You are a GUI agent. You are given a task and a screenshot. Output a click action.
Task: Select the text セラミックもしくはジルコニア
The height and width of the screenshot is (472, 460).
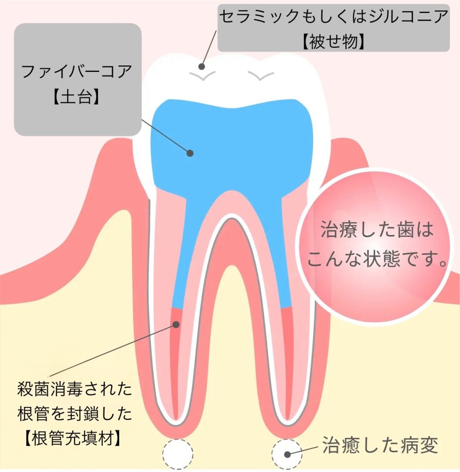point(333,18)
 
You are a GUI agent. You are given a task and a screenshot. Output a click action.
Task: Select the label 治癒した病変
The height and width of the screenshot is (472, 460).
point(379,446)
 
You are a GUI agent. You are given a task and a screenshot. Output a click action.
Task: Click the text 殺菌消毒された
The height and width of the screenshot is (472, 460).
point(74,391)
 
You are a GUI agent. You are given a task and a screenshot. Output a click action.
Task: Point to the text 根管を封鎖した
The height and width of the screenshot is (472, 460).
point(74,413)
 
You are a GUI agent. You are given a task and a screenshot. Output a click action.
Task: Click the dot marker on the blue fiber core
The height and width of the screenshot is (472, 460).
point(189,153)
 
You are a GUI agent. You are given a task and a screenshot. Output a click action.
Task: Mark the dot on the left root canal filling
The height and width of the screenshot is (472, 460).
point(176,324)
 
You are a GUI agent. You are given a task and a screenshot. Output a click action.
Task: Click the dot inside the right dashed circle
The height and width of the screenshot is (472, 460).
point(287,454)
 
